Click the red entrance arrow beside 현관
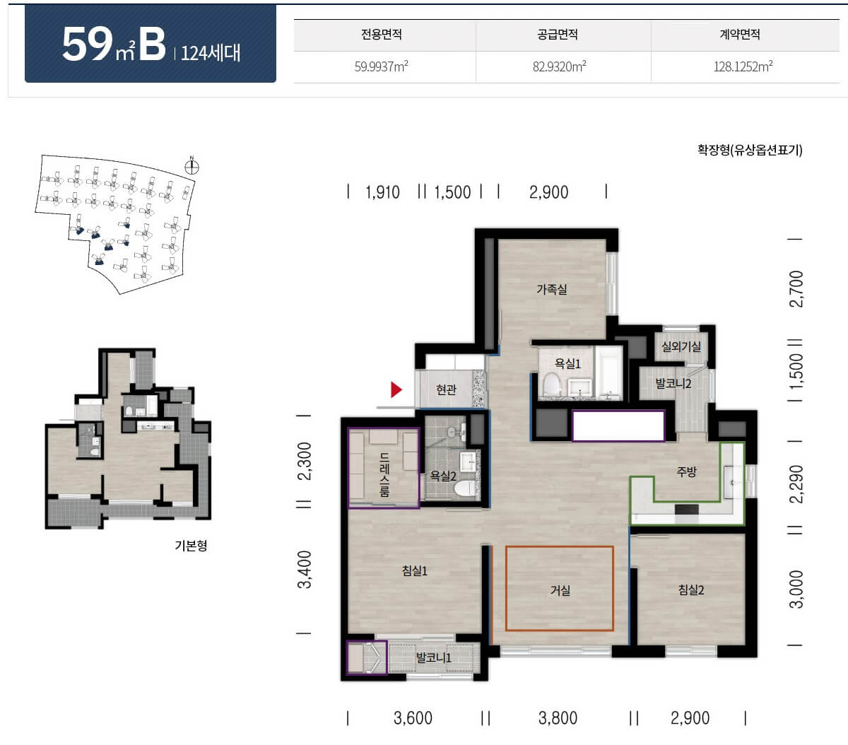click(x=396, y=389)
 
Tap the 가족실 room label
click(x=552, y=289)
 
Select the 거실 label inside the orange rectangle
click(x=560, y=590)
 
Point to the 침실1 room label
click(x=414, y=571)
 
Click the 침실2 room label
click(x=691, y=590)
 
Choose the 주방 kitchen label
click(x=686, y=472)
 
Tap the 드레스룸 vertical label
click(x=384, y=474)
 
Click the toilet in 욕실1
click(x=551, y=385)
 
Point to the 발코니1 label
click(x=433, y=658)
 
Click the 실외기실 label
click(x=681, y=346)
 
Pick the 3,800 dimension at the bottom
click(x=558, y=718)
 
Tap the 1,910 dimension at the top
click(x=382, y=193)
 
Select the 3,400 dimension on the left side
click(x=305, y=570)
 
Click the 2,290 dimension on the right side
click(x=796, y=483)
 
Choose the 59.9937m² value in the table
click(x=382, y=66)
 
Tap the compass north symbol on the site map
click(x=192, y=167)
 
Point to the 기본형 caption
click(x=191, y=545)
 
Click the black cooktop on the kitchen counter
click(x=686, y=509)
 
